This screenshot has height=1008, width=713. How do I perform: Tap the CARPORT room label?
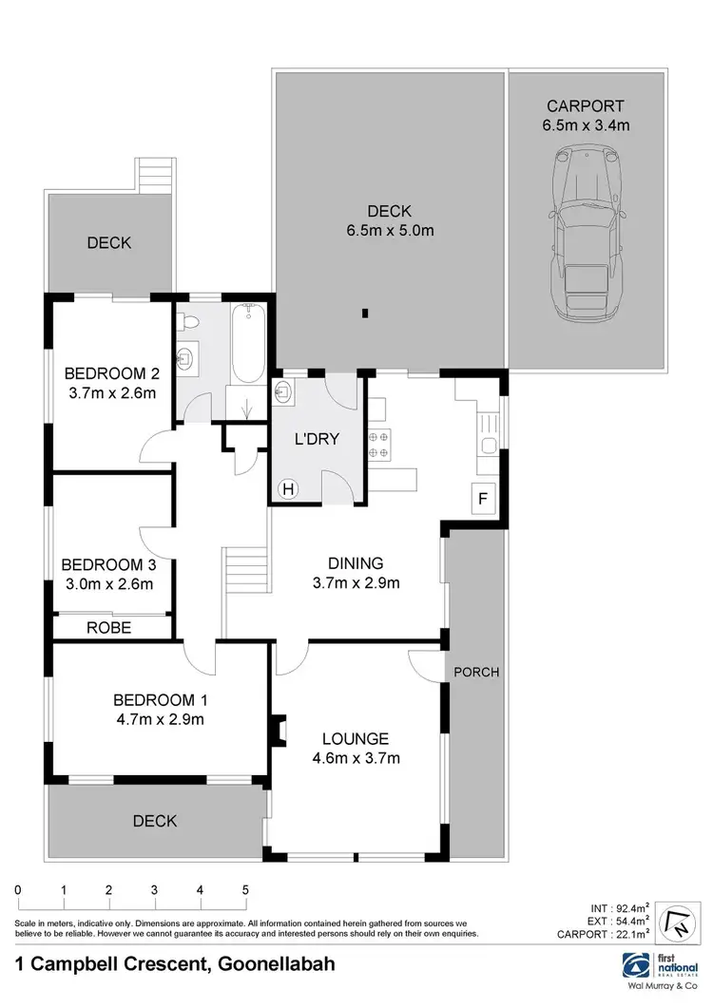pyautogui.click(x=586, y=105)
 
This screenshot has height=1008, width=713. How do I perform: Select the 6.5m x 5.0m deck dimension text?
pyautogui.click(x=391, y=229)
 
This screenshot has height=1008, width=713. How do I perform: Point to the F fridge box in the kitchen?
pyautogui.click(x=484, y=498)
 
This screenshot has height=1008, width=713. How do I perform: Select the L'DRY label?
pyautogui.click(x=316, y=439)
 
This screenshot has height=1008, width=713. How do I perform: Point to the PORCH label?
pyautogui.click(x=476, y=672)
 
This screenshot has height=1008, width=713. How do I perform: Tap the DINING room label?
pyautogui.click(x=356, y=561)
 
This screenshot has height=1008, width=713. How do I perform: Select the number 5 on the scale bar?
pyautogui.click(x=245, y=890)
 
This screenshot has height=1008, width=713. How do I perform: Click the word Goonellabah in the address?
pyautogui.click(x=276, y=964)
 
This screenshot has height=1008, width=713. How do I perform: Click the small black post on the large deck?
pyautogui.click(x=365, y=314)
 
